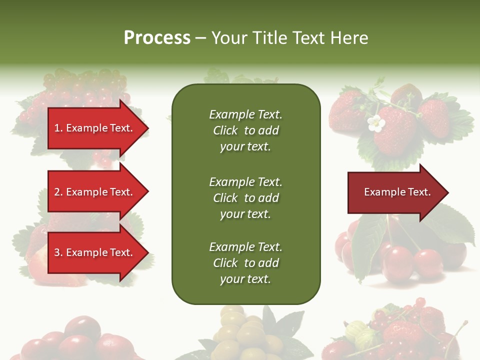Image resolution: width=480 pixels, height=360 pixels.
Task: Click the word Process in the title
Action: coord(157,38)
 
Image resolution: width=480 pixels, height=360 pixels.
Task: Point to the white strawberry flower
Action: coord(375,124)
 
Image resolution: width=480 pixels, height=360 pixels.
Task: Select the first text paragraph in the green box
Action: coord(246,130)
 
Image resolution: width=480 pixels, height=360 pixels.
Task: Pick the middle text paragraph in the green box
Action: coord(246,197)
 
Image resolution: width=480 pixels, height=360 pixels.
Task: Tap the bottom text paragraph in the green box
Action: coord(246,263)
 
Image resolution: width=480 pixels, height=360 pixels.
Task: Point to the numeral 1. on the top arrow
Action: coord(58,128)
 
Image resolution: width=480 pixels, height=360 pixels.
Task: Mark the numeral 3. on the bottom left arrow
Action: coord(58,252)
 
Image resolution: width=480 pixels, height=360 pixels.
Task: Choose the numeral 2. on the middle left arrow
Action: coord(58,192)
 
